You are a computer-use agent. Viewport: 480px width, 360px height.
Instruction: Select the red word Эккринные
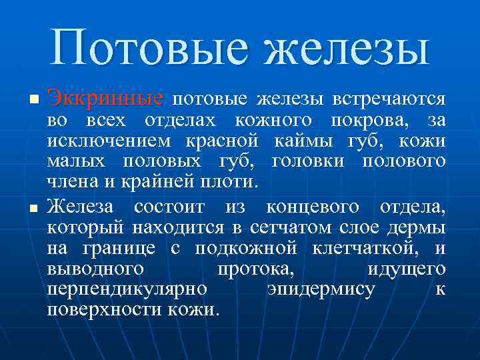click(105, 100)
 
